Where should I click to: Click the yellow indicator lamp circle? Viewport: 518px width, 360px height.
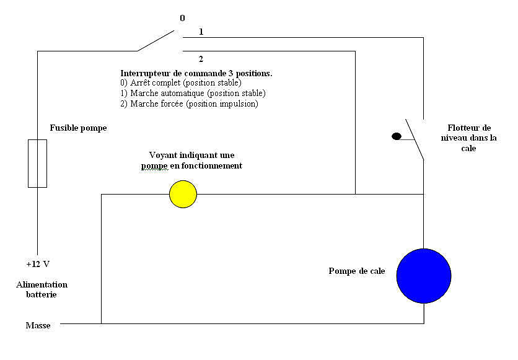click(183, 194)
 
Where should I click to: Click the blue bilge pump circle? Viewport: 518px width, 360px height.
click(424, 276)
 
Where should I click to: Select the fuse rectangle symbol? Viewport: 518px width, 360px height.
click(37, 164)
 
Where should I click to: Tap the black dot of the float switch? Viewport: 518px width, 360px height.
click(397, 136)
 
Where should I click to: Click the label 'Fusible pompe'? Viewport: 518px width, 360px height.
click(78, 128)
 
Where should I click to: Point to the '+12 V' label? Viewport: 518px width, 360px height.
click(38, 264)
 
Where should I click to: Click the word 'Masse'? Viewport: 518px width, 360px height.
click(38, 326)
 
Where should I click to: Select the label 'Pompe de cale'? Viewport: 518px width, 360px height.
click(357, 271)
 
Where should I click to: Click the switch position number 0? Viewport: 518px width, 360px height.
click(182, 18)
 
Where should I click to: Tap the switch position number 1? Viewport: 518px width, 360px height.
click(201, 32)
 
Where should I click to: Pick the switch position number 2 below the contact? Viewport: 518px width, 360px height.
click(201, 59)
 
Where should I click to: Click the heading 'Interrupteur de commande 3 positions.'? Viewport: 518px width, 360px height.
click(196, 73)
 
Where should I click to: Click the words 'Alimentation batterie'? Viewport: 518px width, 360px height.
click(42, 289)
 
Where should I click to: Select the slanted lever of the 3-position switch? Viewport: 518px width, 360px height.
click(156, 41)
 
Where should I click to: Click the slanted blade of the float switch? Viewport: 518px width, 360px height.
click(415, 139)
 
